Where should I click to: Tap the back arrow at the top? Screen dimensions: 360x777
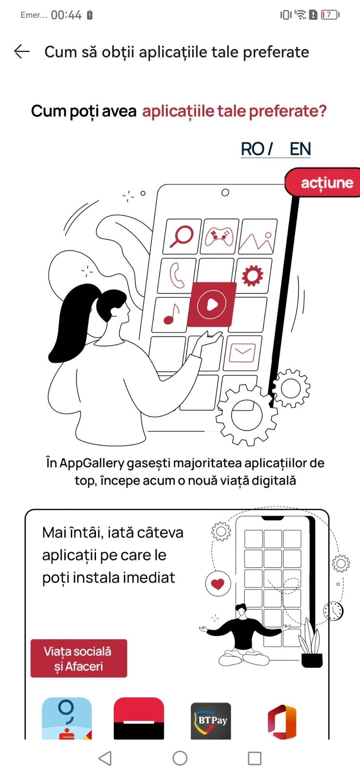click(22, 52)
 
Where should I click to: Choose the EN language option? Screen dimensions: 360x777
click(300, 149)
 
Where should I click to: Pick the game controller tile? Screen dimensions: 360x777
click(219, 237)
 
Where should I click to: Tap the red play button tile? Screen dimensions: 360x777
click(212, 304)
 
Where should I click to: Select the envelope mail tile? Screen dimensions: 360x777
click(242, 353)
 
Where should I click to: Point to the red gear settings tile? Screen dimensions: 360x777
click(252, 275)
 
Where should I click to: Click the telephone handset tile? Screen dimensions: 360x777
click(177, 275)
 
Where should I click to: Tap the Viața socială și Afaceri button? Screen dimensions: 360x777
click(79, 658)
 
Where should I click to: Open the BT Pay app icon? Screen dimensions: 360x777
click(211, 721)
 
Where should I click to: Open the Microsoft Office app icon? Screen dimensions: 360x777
click(282, 721)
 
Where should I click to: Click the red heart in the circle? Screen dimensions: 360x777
click(218, 584)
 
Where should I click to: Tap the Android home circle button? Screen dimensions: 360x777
click(180, 758)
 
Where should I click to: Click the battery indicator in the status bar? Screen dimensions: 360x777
click(330, 15)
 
